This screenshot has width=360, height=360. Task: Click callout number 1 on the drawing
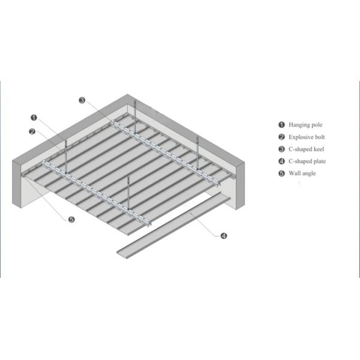point(35,118)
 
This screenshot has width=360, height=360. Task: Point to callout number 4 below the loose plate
point(223,236)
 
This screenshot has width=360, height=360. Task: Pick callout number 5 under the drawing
point(71,220)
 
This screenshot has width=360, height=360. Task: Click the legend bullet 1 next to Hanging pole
point(281,125)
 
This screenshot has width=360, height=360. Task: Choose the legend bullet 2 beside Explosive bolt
point(281,137)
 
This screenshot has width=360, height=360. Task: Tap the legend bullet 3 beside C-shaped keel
point(281,149)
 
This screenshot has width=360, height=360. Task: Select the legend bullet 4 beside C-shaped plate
point(281,161)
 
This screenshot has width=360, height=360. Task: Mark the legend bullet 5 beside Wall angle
point(281,173)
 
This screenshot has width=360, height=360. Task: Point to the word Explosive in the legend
point(301,137)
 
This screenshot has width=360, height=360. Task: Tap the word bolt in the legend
point(320,137)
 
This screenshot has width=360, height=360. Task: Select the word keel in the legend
point(318,149)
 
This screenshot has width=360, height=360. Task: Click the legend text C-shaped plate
point(308,161)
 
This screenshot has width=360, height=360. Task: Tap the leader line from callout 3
point(99,112)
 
